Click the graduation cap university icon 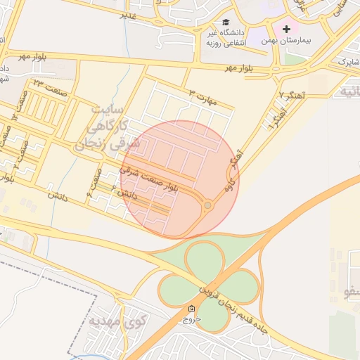tap(226, 22)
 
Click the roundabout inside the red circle tap(208, 205)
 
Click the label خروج tap(191, 319)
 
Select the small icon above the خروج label tap(191, 309)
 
